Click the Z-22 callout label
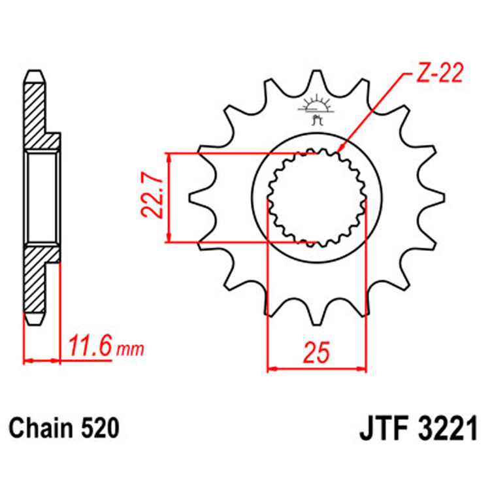438,73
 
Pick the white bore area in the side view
43,196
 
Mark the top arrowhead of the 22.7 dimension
169,157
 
